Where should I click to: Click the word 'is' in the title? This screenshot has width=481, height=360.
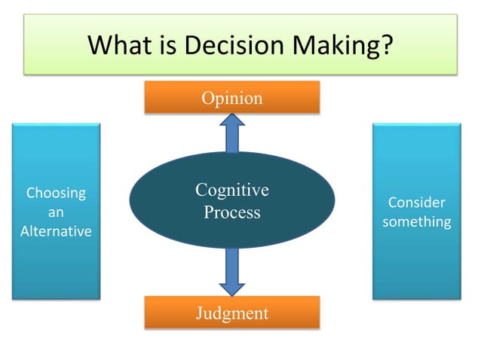pyautogui.click(x=167, y=45)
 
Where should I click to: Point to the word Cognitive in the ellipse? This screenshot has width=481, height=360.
pyautogui.click(x=231, y=190)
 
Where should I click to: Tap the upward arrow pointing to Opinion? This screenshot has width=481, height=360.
pyautogui.click(x=231, y=134)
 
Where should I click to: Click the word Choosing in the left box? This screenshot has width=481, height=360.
pyautogui.click(x=56, y=193)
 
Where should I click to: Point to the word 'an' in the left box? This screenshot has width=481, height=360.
pyautogui.click(x=56, y=212)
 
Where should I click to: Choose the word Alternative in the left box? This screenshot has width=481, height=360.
pyautogui.click(x=56, y=231)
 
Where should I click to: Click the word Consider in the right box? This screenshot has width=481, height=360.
pyautogui.click(x=416, y=203)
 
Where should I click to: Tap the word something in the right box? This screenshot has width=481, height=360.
pyautogui.click(x=416, y=221)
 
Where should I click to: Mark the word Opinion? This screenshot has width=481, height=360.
pyautogui.click(x=231, y=98)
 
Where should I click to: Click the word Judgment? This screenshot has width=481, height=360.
pyautogui.click(x=231, y=312)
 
